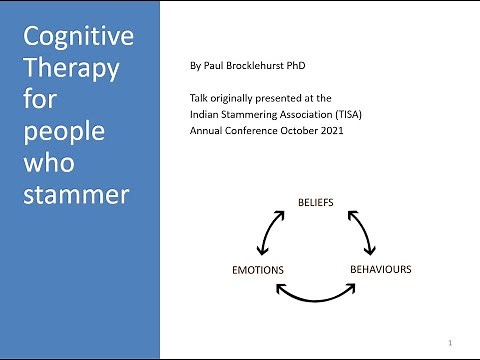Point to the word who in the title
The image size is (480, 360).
point(47,162)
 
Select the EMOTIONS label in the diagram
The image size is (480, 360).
point(258,270)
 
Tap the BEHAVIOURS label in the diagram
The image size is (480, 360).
point(380,269)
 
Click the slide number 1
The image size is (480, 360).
point(452,343)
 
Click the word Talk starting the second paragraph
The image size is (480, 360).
point(198,98)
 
